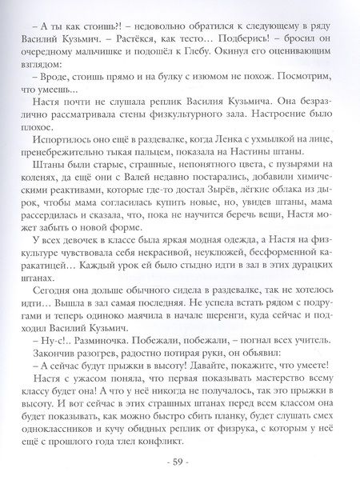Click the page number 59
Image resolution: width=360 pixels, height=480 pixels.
click(x=180, y=462)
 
